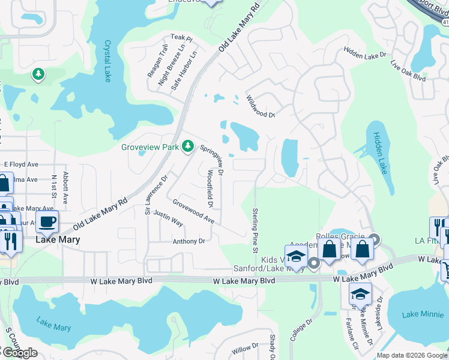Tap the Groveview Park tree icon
[188, 146]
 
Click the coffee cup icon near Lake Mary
[47, 221]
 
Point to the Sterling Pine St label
[255, 230]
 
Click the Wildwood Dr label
[260, 106]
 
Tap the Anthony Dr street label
[189, 241]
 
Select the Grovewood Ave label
[193, 212]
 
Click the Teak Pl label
[181, 38]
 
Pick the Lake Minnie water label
[418, 314]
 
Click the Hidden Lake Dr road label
[365, 55]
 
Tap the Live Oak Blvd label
[408, 71]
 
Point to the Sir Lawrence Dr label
[155, 194]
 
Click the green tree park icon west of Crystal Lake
[38, 74]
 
